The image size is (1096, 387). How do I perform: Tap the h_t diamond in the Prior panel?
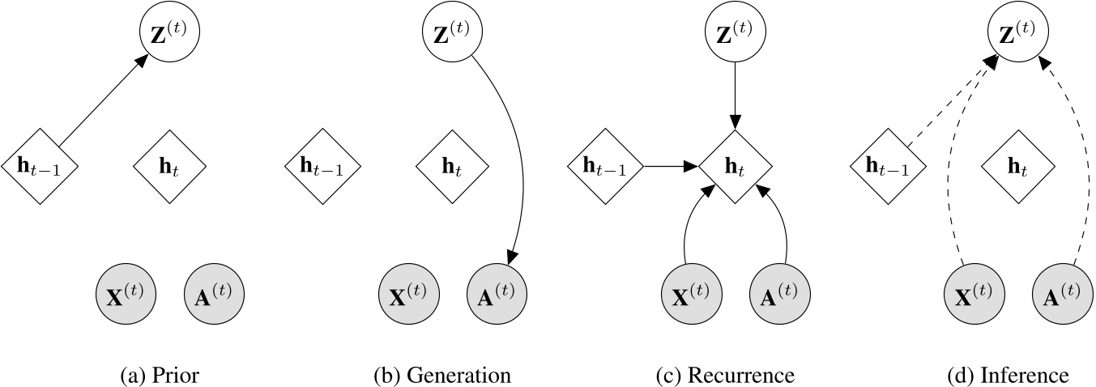tap(169, 168)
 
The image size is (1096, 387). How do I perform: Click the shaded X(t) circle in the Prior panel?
tap(126, 292)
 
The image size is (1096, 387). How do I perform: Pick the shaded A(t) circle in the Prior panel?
tap(214, 292)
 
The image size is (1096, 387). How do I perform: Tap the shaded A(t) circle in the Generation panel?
tap(497, 292)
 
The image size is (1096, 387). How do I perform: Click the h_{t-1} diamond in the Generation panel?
tap(322, 168)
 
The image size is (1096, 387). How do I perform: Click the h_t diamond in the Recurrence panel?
tap(736, 168)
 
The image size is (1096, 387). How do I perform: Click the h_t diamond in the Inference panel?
tap(1018, 168)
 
